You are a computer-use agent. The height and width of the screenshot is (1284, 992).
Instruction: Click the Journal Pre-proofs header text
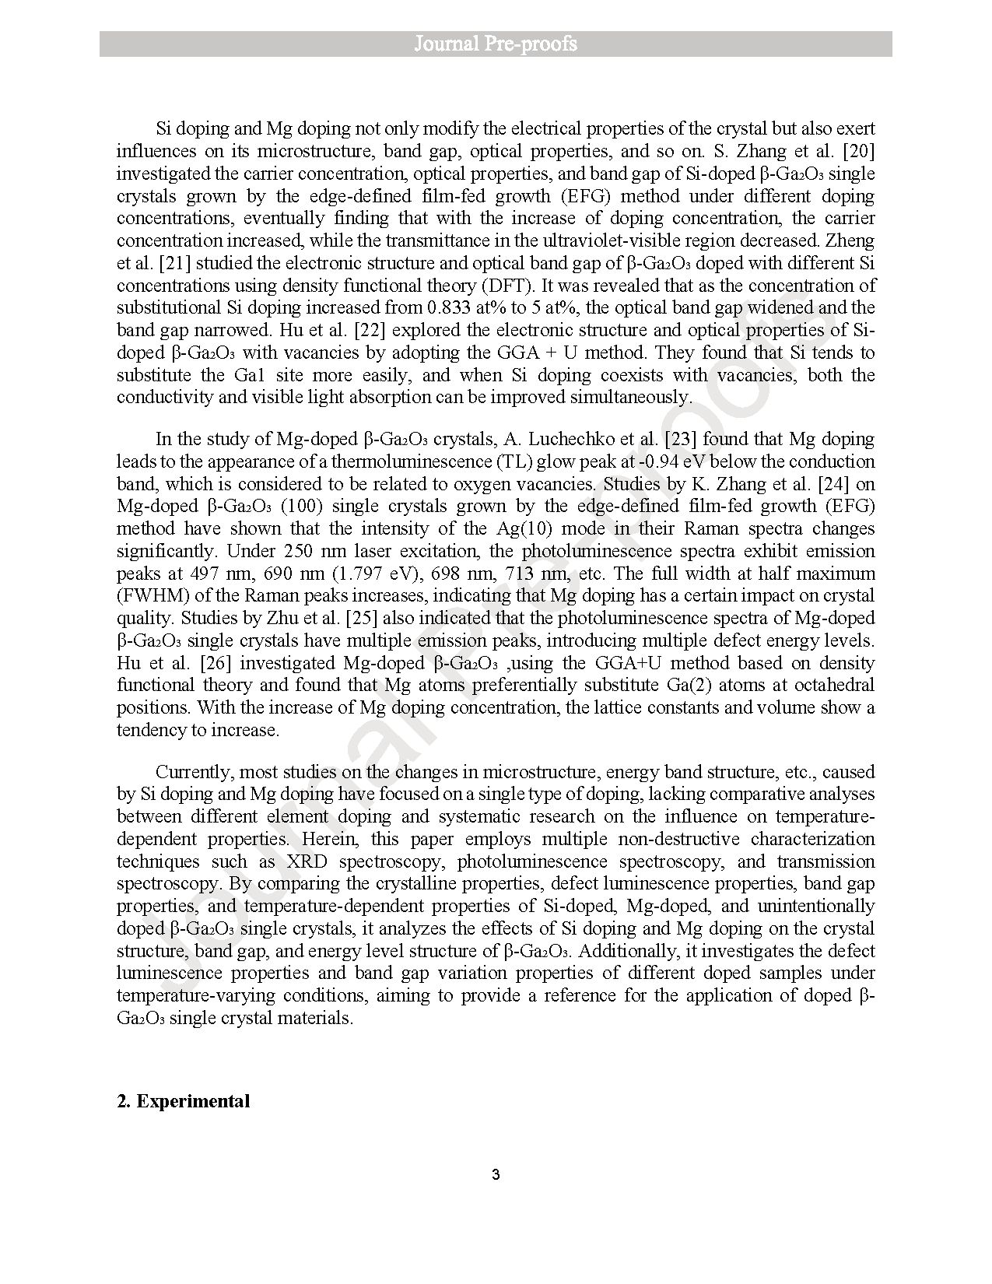point(496,44)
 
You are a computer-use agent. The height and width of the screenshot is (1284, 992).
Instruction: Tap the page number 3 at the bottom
point(496,1174)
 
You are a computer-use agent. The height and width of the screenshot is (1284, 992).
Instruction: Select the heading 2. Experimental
point(184,1101)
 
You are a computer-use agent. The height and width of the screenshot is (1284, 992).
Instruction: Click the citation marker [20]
point(858,151)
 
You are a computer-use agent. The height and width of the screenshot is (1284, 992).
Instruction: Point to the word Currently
point(194,772)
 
